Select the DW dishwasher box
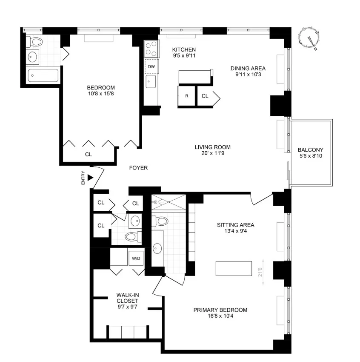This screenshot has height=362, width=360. [151, 66]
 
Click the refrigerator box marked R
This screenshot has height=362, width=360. [186, 96]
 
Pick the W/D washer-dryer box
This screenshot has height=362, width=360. [136, 258]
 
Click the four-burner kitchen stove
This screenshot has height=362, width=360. [151, 49]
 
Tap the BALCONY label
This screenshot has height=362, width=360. [310, 150]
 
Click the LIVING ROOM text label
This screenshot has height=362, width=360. [209, 147]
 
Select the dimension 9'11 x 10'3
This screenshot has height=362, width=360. [248, 75]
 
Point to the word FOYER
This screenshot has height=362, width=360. [138, 168]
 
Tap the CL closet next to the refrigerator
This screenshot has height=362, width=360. [205, 96]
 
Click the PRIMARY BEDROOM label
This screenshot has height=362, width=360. [220, 310]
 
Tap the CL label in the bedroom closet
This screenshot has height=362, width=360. [88, 154]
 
